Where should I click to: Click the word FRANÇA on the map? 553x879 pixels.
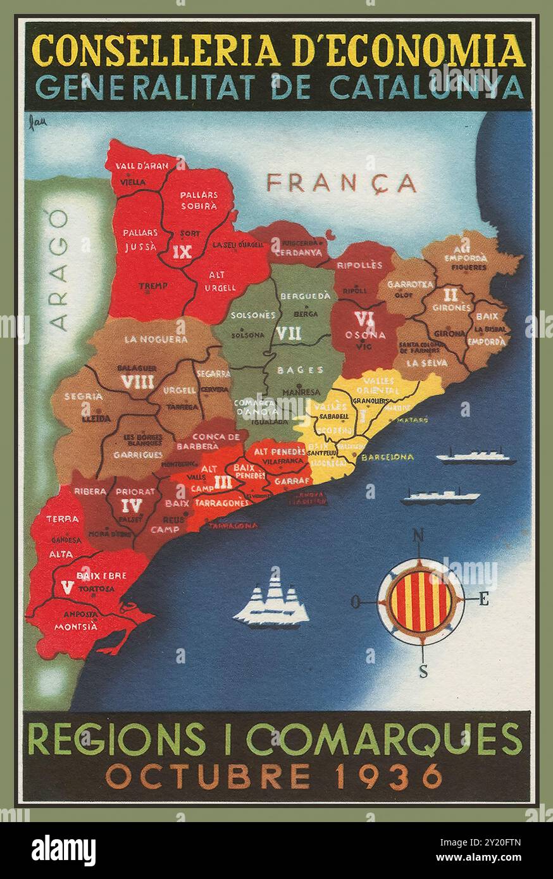(x=341, y=183)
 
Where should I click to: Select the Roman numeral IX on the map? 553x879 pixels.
(x=182, y=252)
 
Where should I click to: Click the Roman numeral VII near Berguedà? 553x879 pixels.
(x=289, y=333)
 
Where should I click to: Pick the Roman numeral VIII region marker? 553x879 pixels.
(x=137, y=382)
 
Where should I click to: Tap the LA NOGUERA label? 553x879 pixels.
(x=156, y=340)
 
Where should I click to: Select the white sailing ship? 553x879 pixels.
(x=271, y=599)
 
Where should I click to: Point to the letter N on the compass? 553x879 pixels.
(x=418, y=537)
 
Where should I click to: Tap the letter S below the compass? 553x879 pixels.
(x=423, y=672)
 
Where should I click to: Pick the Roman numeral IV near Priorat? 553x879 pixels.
(x=134, y=505)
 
